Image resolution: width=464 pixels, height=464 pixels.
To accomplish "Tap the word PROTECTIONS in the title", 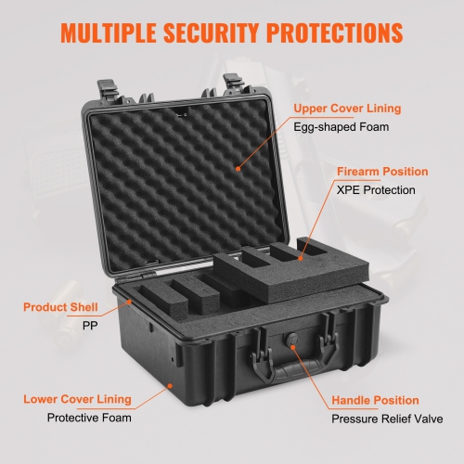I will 337,32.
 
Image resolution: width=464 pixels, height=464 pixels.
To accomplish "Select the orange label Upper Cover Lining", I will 348,109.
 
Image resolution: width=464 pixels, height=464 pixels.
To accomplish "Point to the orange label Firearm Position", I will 382,172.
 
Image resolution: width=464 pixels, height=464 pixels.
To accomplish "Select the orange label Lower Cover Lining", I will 77,400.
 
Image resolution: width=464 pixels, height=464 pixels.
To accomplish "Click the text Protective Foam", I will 89,419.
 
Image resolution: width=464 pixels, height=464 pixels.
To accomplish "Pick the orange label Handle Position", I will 376,400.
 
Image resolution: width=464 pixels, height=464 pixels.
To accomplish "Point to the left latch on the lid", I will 105,92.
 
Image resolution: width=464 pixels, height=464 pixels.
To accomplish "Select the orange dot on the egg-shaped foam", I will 238,168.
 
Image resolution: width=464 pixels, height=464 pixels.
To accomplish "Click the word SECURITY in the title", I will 215,32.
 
